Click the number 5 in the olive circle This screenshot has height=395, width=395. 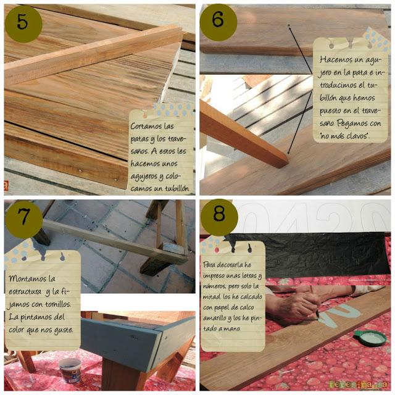(22, 22)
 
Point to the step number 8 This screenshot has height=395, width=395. (219, 214)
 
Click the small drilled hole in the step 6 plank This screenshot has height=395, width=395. (289, 25)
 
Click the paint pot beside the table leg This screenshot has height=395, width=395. (70, 370)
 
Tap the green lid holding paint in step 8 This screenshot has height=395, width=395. (370, 338)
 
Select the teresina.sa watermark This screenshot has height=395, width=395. (358, 384)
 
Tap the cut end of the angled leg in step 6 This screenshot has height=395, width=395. (284, 161)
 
